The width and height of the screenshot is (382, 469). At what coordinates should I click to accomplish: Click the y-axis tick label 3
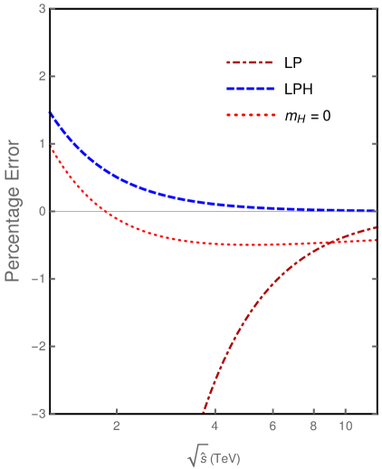41,8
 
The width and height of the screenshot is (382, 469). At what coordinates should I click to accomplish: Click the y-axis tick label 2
41,76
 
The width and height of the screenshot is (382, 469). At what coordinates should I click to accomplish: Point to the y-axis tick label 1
41,143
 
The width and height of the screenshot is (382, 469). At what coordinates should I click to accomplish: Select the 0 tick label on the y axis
41,211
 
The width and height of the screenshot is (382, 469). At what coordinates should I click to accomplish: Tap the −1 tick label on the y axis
38,278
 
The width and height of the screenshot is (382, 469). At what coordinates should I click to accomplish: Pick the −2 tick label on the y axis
38,346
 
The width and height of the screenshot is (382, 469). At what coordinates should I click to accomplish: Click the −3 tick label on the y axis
38,414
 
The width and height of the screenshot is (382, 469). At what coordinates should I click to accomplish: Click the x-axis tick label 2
117,426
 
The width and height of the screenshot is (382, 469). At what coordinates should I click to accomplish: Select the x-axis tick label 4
215,426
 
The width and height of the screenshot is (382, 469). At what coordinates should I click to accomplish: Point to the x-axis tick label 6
272,426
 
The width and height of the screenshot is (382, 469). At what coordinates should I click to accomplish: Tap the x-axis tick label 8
313,426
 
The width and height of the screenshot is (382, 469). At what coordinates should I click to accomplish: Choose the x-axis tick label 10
345,426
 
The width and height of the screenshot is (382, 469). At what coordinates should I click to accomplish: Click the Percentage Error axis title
14,211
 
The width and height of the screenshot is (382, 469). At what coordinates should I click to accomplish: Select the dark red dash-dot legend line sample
250,63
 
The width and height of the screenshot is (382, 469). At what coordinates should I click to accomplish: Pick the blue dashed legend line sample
250,89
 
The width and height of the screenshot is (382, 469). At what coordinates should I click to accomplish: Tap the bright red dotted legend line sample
250,115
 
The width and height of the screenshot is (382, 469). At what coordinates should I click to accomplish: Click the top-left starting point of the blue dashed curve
52,113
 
